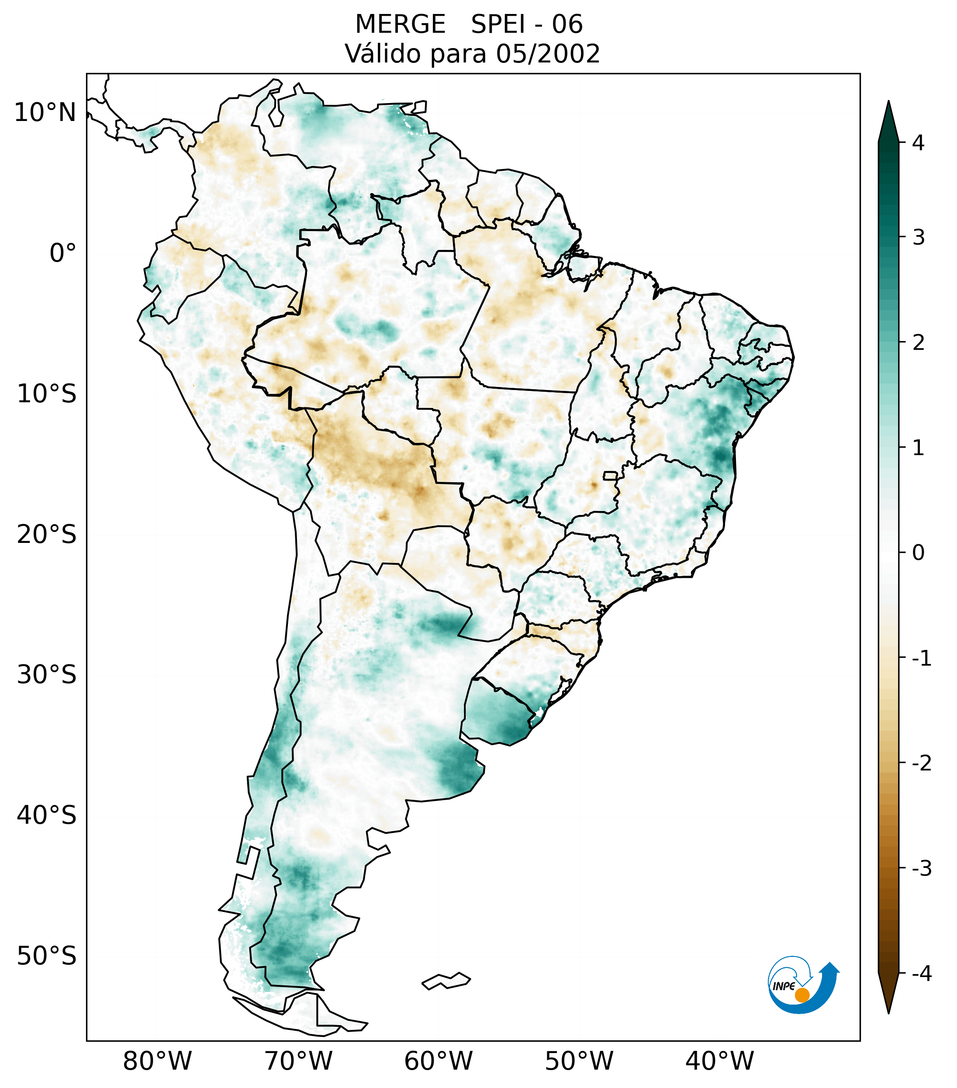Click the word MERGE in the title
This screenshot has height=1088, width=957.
(x=400, y=24)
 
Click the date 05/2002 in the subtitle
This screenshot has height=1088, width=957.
(x=548, y=54)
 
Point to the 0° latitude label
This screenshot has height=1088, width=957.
(x=63, y=253)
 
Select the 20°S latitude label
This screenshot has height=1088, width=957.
(x=47, y=535)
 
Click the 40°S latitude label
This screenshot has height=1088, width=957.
(x=47, y=815)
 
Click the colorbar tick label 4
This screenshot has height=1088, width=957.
(x=918, y=143)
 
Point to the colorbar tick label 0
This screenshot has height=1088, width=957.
(x=918, y=553)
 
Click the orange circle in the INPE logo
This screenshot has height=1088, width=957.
(x=802, y=995)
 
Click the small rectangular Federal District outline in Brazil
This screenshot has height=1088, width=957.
(x=610, y=475)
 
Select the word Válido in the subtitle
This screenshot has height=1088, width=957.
(x=383, y=54)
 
